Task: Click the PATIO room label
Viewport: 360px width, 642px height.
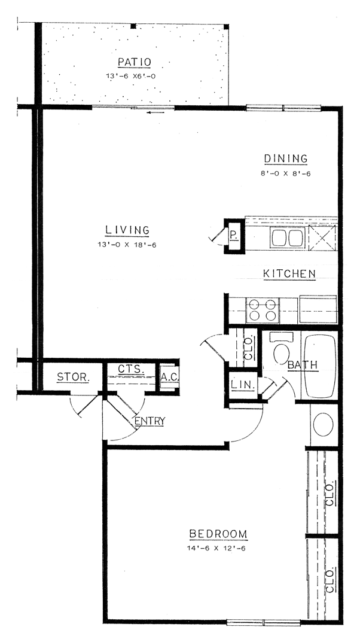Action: tap(134, 62)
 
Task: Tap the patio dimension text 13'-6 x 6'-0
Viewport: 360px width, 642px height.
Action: tap(134, 76)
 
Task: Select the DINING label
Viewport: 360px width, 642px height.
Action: tap(286, 159)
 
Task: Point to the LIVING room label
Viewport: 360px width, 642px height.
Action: tap(127, 230)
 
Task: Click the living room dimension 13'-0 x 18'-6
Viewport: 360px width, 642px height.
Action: tap(127, 244)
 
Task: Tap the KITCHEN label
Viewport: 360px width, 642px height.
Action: tap(289, 274)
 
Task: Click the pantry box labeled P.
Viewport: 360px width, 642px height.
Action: tap(234, 236)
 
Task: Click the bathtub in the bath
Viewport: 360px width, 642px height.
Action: tap(321, 366)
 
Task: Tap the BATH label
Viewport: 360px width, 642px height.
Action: tap(302, 364)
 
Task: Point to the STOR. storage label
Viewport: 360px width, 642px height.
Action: tap(73, 377)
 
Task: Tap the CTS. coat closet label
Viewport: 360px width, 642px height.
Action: tap(130, 369)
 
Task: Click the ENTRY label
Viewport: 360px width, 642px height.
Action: tap(150, 421)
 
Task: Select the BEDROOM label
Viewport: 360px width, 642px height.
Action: tap(218, 534)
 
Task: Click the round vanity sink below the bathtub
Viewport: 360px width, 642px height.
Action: tap(324, 424)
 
